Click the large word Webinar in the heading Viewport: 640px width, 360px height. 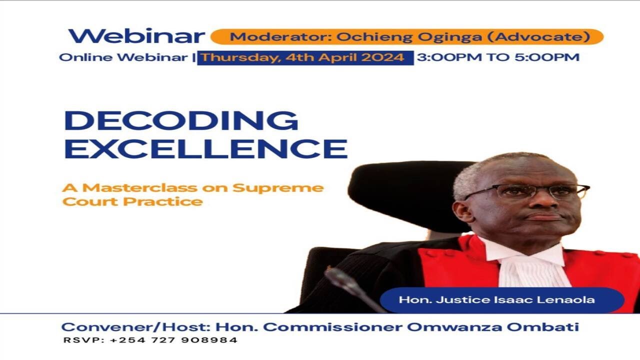coord(136,36)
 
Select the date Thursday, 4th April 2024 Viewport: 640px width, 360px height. coord(303,57)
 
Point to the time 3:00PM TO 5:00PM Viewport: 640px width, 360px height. coord(498,57)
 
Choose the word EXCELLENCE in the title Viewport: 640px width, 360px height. coord(205,149)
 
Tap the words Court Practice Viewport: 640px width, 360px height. coord(132,202)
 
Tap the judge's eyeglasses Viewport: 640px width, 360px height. coord(530,190)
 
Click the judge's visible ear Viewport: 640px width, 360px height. coord(463,211)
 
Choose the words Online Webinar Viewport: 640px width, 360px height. coord(122,57)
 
